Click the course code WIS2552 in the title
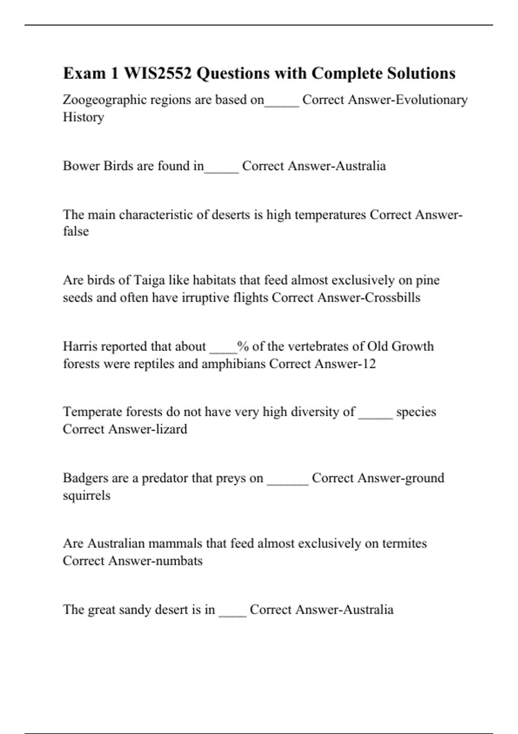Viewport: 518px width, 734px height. point(158,73)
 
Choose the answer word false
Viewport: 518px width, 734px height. point(76,231)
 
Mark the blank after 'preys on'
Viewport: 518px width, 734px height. point(287,480)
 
